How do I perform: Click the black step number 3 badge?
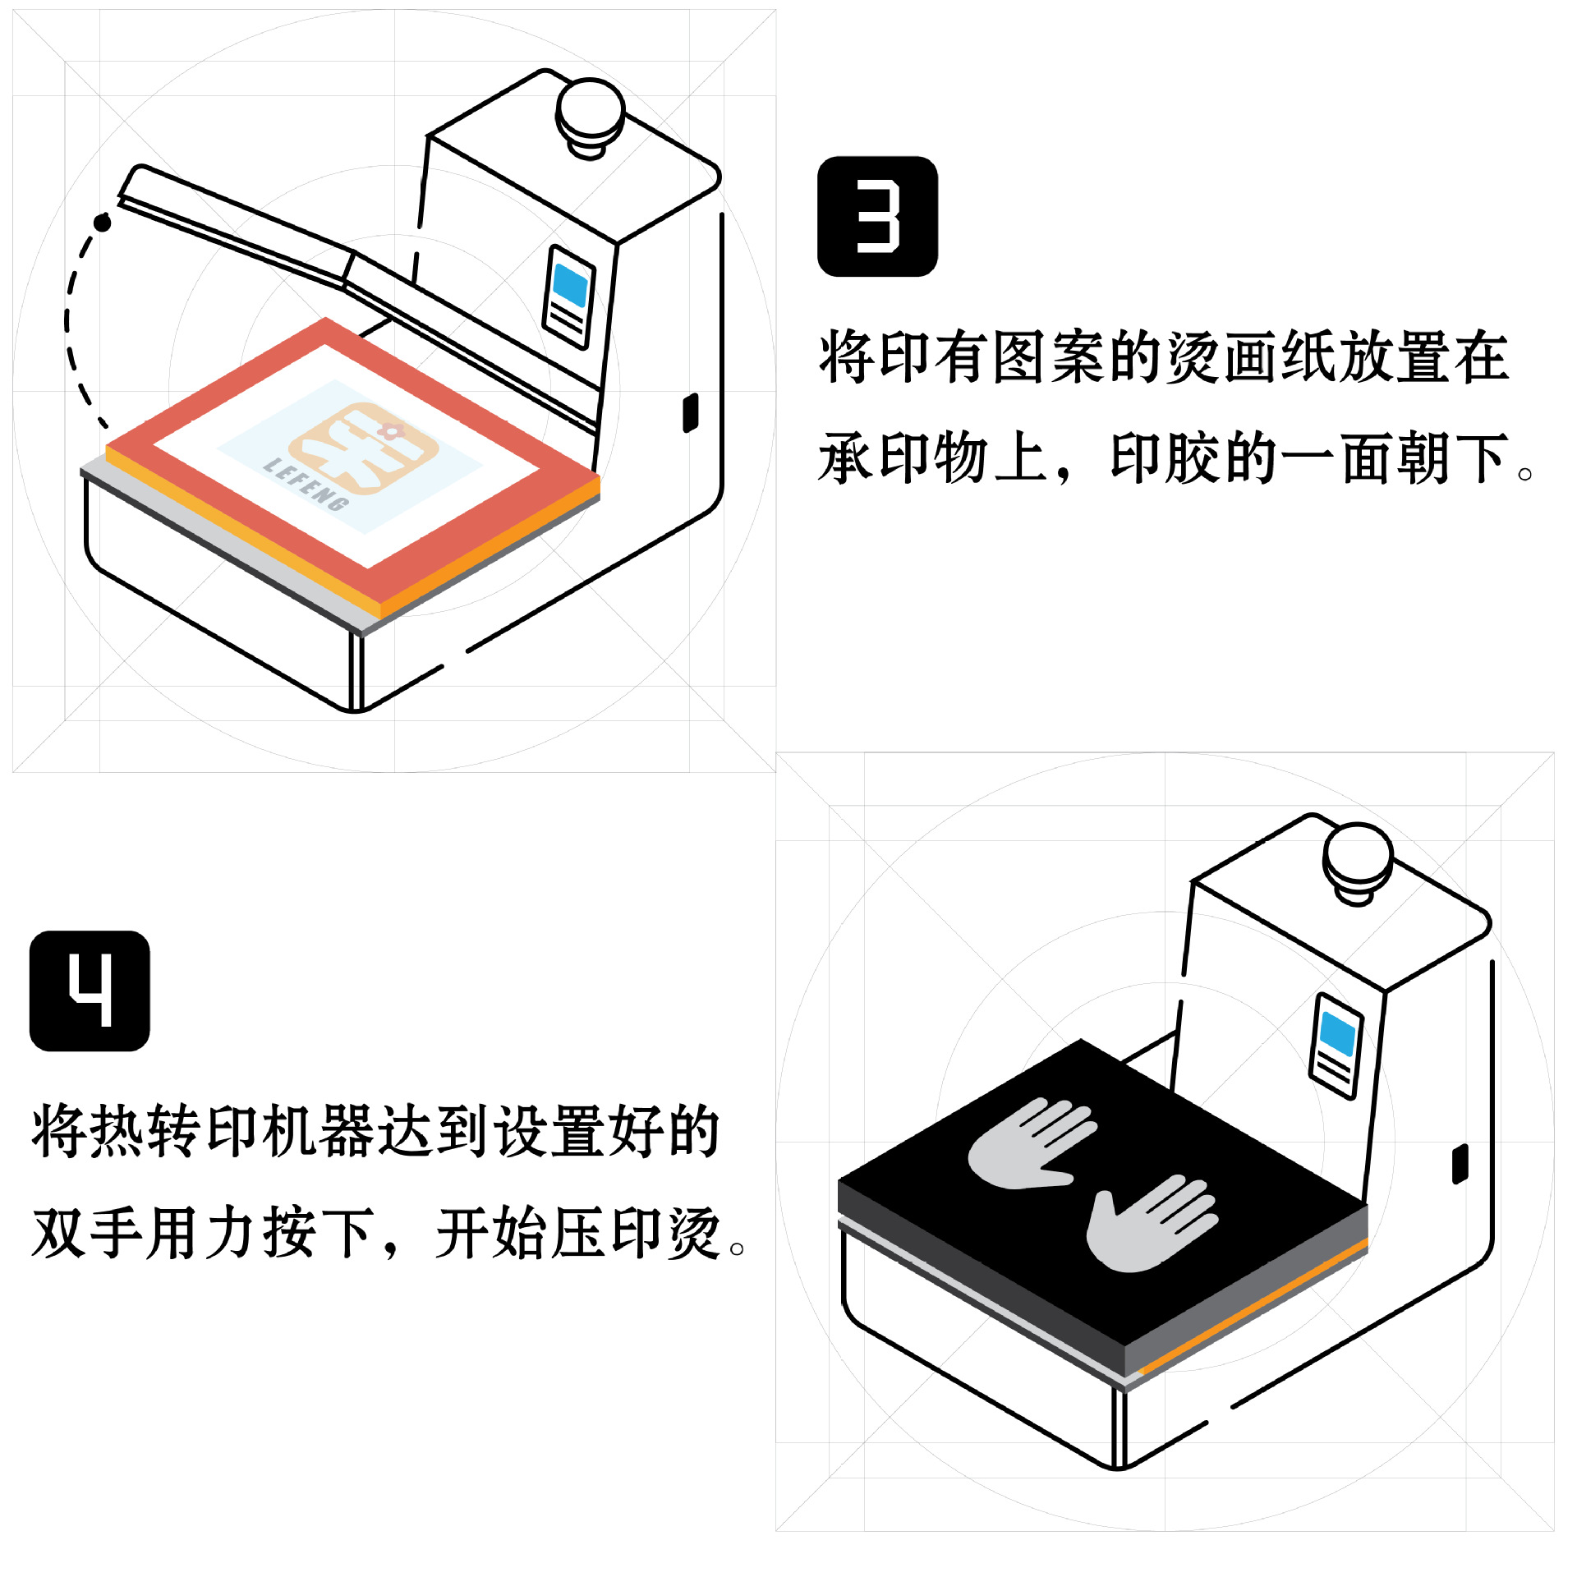pyautogui.click(x=877, y=216)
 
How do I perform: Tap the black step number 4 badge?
pyautogui.click(x=90, y=990)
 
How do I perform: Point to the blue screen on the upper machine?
pyautogui.click(x=571, y=285)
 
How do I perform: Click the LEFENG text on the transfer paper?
pyautogui.click(x=306, y=485)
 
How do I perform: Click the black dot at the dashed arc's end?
pyautogui.click(x=102, y=222)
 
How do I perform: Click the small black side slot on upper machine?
pyautogui.click(x=691, y=412)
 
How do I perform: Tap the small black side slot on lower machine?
pyautogui.click(x=1460, y=1164)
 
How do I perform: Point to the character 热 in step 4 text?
pyautogui.click(x=117, y=1131)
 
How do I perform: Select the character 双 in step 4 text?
pyautogui.click(x=59, y=1233)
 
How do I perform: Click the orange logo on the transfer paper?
pyautogui.click(x=363, y=444)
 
